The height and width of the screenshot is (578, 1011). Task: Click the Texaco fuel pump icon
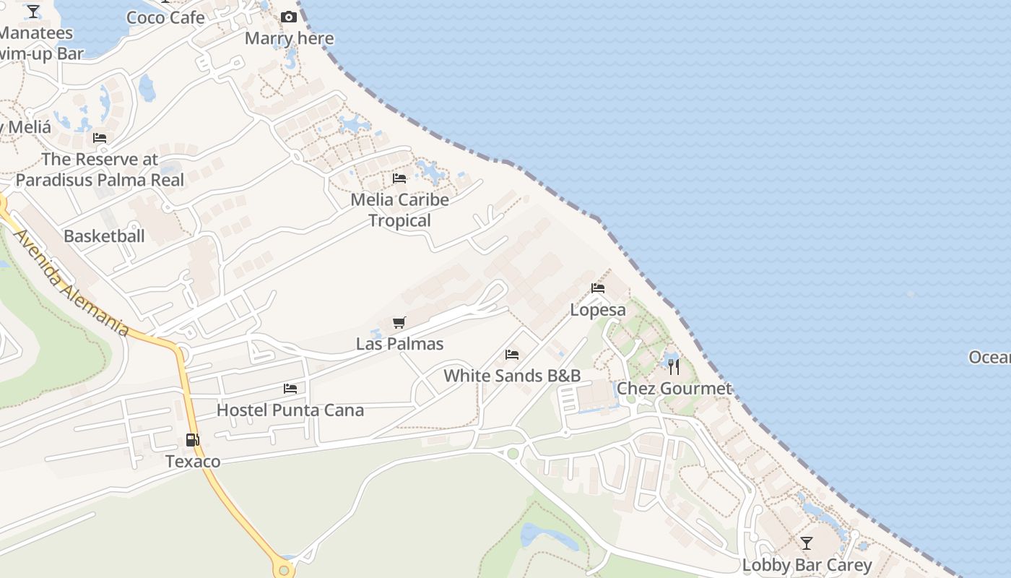click(x=193, y=439)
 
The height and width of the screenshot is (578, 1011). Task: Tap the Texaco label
click(x=193, y=461)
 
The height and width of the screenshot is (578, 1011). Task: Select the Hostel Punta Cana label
click(x=290, y=410)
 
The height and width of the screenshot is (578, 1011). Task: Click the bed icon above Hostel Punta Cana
click(x=290, y=389)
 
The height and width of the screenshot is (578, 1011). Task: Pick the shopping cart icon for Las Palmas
click(x=399, y=322)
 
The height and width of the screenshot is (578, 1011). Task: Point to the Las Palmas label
click(x=399, y=343)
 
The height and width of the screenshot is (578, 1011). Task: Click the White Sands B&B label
click(x=512, y=375)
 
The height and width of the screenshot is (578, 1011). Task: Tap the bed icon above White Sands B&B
click(x=512, y=354)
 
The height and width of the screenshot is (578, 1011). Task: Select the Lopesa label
click(x=598, y=309)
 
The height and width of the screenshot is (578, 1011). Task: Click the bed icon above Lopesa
click(x=598, y=288)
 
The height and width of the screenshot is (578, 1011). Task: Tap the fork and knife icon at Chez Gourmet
click(x=674, y=366)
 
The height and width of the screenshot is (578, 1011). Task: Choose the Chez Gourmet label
click(x=674, y=388)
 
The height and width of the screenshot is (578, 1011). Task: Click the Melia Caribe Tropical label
click(x=399, y=210)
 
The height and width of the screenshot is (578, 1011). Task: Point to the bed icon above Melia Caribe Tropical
click(x=399, y=178)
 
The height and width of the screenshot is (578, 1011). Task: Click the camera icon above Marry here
click(x=289, y=17)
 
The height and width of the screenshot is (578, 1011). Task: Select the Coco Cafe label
click(x=165, y=17)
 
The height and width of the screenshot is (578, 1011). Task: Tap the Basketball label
click(x=104, y=236)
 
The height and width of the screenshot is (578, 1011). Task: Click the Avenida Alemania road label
click(x=70, y=282)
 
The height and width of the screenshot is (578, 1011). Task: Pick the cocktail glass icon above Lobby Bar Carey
click(x=807, y=543)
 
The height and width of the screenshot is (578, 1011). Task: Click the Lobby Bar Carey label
click(x=807, y=564)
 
